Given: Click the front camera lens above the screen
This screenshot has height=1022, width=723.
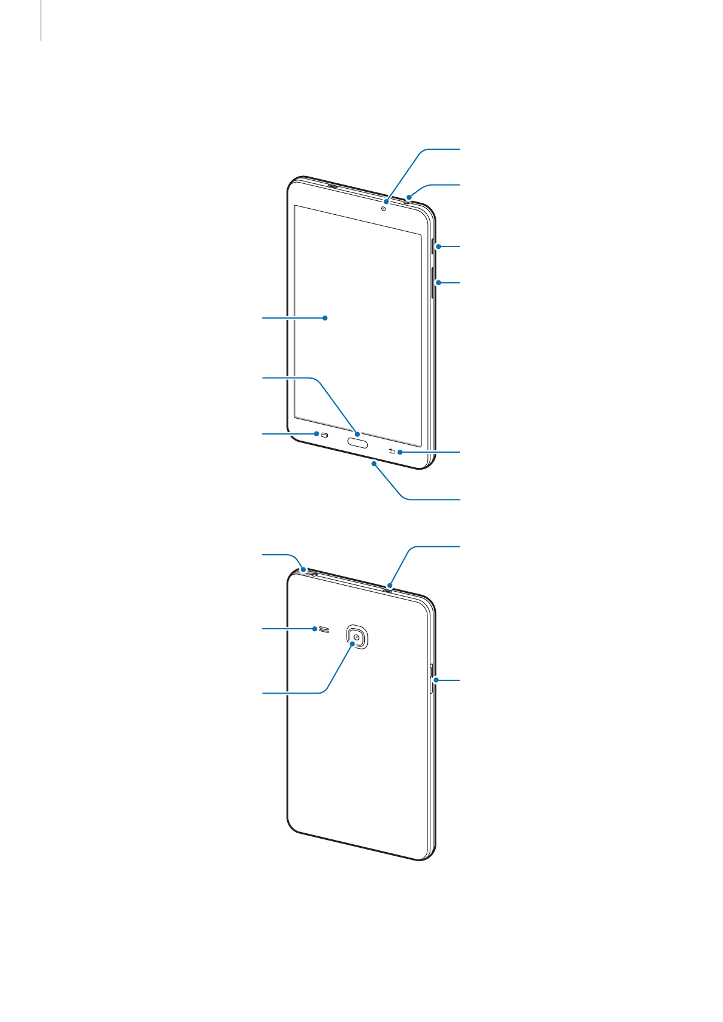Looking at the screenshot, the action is pyautogui.click(x=384, y=209).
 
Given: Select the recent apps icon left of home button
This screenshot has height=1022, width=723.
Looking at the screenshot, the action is pyautogui.click(x=325, y=435).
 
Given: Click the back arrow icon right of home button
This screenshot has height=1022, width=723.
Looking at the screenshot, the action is pyautogui.click(x=392, y=451).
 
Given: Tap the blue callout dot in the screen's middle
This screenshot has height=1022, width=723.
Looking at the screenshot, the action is pyautogui.click(x=325, y=317).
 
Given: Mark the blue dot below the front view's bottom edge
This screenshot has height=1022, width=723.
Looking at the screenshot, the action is pyautogui.click(x=375, y=463).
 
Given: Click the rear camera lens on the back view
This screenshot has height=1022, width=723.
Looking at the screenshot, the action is pyautogui.click(x=358, y=637).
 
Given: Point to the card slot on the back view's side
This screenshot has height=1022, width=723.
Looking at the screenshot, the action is pyautogui.click(x=431, y=679).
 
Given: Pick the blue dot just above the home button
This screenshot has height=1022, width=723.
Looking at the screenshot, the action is pyautogui.click(x=358, y=434).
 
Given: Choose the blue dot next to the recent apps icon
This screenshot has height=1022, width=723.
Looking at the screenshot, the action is pyautogui.click(x=316, y=434).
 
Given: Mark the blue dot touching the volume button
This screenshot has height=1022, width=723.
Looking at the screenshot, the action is pyautogui.click(x=438, y=283).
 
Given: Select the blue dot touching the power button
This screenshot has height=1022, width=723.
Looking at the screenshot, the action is pyautogui.click(x=438, y=246).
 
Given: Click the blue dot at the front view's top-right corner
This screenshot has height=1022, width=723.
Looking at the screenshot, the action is pyautogui.click(x=410, y=196).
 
